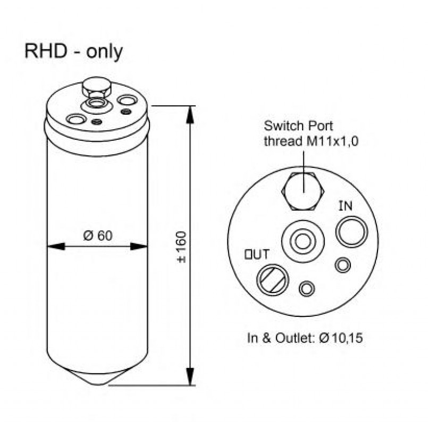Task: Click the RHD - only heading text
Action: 74,52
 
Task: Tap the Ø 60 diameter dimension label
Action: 98,236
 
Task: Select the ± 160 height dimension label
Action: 181,247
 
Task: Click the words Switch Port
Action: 298,127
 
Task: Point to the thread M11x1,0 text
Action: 311,141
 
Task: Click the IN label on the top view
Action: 346,206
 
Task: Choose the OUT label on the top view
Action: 257,254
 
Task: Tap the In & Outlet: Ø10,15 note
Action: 305,338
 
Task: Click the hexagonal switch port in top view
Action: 303,191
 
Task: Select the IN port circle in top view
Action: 352,232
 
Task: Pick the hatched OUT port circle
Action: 272,280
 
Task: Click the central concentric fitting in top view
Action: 303,241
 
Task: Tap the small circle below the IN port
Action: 343,265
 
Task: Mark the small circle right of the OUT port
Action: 307,289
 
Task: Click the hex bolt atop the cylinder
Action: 97,88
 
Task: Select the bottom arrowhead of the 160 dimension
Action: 190,376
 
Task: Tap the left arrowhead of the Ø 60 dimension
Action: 56,247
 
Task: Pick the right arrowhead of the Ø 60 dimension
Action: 139,247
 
